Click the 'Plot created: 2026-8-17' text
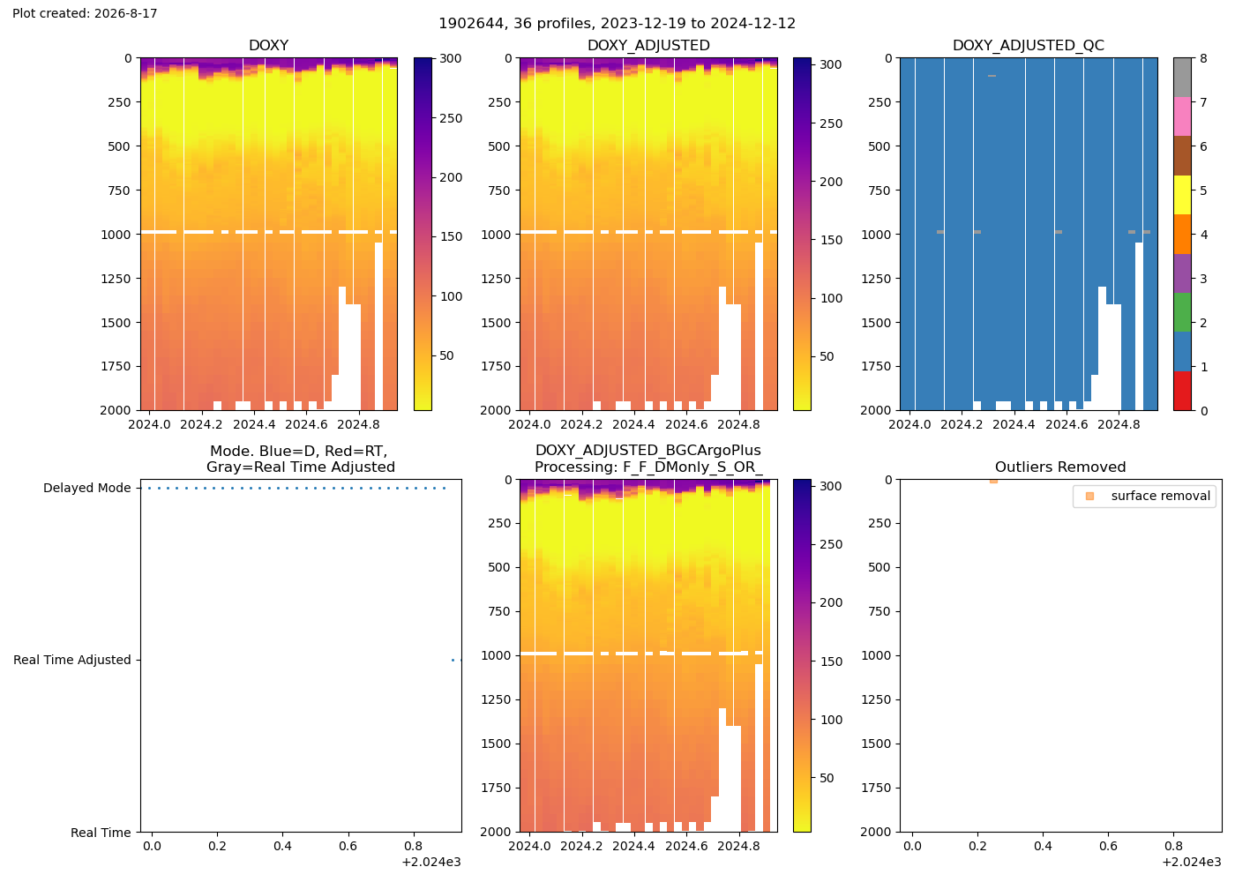85,13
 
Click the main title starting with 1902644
617,24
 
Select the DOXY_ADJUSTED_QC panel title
1029,45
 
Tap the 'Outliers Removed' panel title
1059,467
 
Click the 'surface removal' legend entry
1160,496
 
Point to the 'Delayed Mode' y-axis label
87,488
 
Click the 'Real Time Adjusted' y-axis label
71,660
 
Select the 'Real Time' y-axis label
101,833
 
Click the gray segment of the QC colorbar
1182,78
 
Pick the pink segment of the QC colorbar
1182,116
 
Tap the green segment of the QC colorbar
1182,312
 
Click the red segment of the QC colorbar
1182,391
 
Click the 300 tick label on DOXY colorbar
451,58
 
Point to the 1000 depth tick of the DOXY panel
116,235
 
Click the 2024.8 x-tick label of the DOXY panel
358,424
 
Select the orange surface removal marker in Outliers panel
993,482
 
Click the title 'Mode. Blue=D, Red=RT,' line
299,451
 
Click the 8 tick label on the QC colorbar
1203,58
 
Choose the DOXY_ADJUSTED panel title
648,45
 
